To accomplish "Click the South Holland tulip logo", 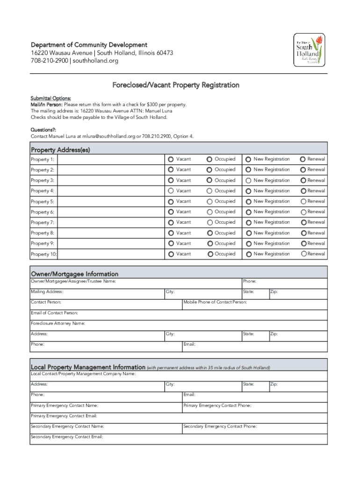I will coord(309,51).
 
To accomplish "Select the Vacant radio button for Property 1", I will coord(171,159).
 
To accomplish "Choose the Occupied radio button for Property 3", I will coord(210,180).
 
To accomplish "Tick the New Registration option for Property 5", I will coord(248,201).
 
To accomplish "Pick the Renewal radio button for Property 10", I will coord(304,254).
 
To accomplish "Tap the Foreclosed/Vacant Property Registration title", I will coord(176,85).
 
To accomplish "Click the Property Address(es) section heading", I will coord(60,150).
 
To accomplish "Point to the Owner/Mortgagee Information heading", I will coord(74,274).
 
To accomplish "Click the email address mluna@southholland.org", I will coord(108,136).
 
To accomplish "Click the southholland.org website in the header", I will coord(95,61).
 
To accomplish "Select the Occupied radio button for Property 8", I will coord(210,232).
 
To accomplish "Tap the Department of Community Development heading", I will coord(89,45).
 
